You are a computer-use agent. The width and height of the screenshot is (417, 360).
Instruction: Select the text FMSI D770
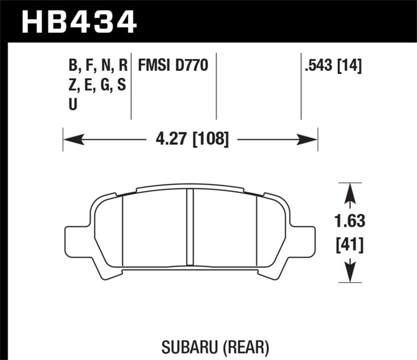point(173,66)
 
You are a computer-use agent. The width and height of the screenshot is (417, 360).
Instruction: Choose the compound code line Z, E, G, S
point(97,85)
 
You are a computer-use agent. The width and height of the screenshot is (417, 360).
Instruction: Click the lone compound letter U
point(73,104)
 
